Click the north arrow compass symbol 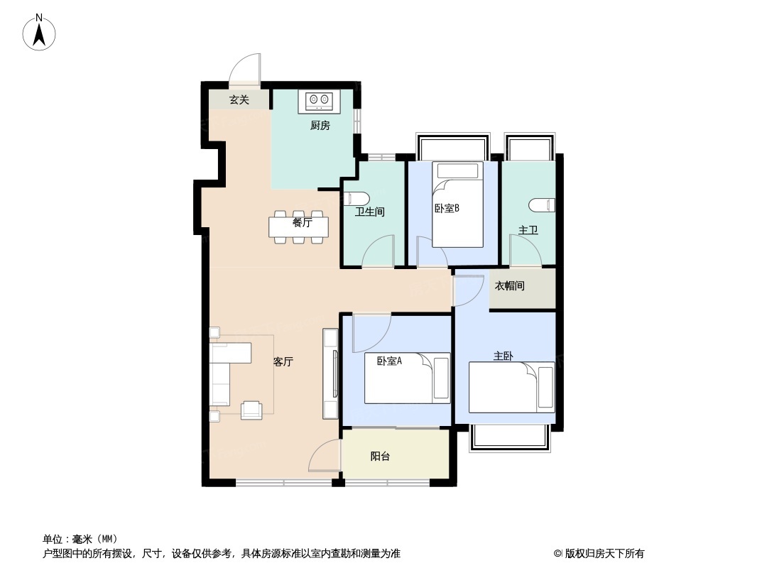click(40, 32)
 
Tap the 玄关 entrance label click(239, 100)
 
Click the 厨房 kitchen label click(320, 126)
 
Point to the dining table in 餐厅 click(299, 226)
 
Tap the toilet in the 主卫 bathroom click(543, 205)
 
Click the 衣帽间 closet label click(510, 286)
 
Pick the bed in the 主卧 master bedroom click(511, 387)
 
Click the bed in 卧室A click(407, 378)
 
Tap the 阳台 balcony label click(381, 457)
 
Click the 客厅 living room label click(283, 361)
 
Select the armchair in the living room click(251, 410)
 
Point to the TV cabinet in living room click(330, 373)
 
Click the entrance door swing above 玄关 click(246, 70)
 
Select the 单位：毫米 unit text click(80, 539)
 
